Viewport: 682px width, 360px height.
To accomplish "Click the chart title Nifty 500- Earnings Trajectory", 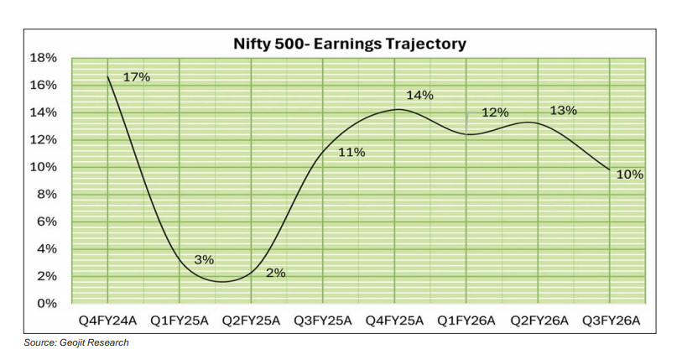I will pos(349,44).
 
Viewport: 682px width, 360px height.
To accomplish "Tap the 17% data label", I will pos(136,77).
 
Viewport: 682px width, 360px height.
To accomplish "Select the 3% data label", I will pos(204,260).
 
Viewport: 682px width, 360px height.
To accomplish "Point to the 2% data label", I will pos(275,273).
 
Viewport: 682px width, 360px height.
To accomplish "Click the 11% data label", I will pos(351,152).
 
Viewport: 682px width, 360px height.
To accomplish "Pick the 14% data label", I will pos(419,96).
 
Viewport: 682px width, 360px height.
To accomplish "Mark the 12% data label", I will pos(494,112).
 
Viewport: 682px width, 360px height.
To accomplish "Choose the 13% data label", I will pos(563,111).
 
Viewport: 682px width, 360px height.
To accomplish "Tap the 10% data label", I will pos(629,175).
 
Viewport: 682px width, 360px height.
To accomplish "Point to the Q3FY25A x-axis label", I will pos(323,321).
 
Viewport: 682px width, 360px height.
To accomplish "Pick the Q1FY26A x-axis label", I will pos(466,321).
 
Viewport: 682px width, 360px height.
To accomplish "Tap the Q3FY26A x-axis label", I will pos(611,321).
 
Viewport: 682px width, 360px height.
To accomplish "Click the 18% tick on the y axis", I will pos(45,58).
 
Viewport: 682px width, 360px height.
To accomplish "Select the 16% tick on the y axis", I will pos(45,85).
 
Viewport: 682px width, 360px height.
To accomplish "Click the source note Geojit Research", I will pos(75,342).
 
